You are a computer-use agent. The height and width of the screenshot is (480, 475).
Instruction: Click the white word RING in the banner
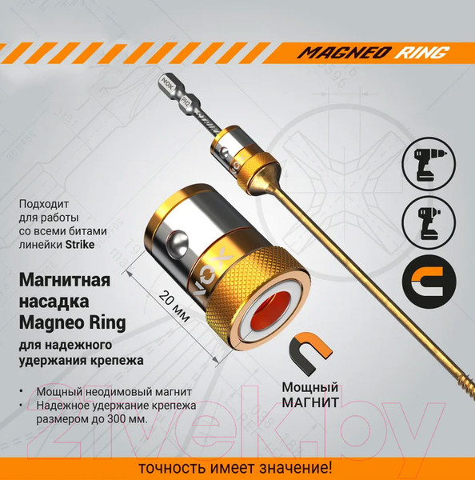click(x=421, y=53)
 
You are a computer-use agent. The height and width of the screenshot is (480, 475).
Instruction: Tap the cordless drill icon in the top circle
click(x=428, y=164)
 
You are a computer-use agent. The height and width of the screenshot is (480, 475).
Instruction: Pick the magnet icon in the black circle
click(x=429, y=282)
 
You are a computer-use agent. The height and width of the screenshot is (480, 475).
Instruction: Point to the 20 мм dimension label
click(x=174, y=306)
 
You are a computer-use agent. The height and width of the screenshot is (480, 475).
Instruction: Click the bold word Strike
click(x=80, y=244)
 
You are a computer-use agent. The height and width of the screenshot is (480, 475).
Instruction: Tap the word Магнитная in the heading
click(x=65, y=280)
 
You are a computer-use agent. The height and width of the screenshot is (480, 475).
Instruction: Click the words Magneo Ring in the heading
click(x=73, y=322)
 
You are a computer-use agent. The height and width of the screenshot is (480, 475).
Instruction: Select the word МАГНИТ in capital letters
click(x=310, y=402)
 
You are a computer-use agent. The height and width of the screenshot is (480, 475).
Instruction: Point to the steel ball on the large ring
click(x=178, y=243)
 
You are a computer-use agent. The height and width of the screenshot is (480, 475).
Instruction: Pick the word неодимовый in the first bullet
click(x=120, y=392)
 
